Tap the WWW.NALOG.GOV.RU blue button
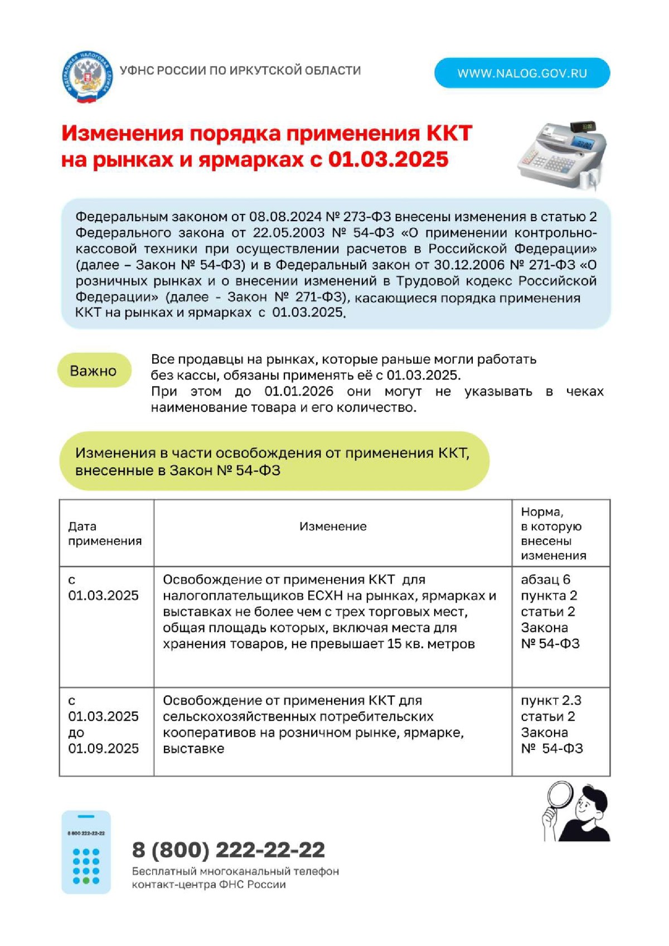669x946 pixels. (x=522, y=73)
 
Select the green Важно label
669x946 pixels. (x=94, y=370)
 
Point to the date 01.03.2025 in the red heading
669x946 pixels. (x=388, y=159)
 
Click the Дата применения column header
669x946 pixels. (x=105, y=533)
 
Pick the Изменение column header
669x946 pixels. (x=333, y=526)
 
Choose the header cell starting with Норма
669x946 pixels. (x=553, y=533)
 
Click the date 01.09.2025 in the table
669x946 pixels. (x=103, y=748)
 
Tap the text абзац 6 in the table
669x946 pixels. (x=545, y=579)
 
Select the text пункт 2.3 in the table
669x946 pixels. (x=551, y=700)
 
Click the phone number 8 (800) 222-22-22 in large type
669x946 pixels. (x=229, y=850)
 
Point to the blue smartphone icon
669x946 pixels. (x=86, y=852)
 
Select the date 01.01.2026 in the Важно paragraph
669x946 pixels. (x=299, y=391)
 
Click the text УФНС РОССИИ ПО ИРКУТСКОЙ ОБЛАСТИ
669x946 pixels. (x=240, y=71)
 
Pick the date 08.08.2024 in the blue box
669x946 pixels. (x=285, y=216)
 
